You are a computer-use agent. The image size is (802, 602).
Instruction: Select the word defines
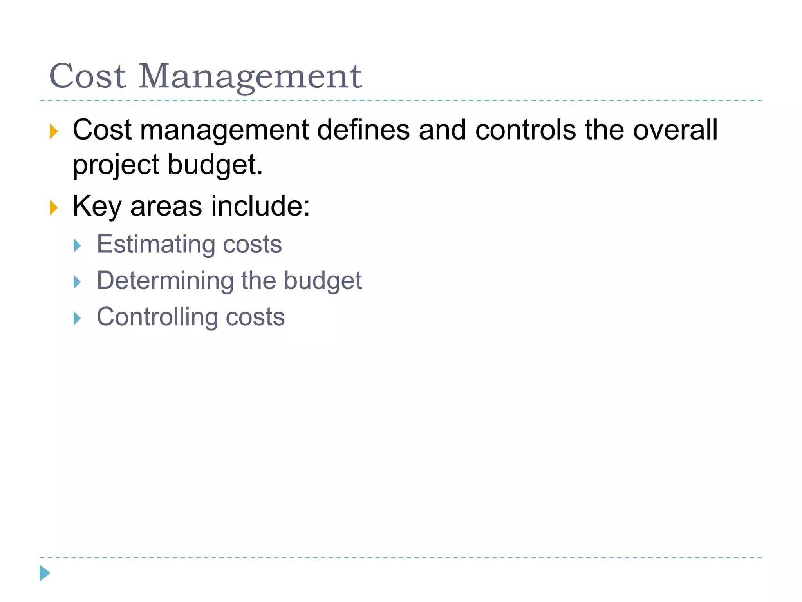coord(363,130)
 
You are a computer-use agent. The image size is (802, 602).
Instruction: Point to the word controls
coord(525,130)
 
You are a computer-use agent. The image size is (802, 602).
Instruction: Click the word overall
coord(675,130)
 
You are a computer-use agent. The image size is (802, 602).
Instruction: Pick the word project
coord(116,165)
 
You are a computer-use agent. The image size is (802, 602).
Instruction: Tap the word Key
coord(97,207)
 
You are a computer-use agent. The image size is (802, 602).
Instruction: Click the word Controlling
coord(157,317)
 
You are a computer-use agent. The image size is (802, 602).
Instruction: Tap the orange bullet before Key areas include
coord(54,207)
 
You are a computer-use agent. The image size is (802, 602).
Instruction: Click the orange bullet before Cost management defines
coord(54,131)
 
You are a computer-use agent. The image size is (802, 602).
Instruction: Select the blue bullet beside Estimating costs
coord(77,246)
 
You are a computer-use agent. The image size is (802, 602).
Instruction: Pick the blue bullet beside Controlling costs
coord(77,318)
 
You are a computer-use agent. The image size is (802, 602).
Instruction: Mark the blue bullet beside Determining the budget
coord(77,282)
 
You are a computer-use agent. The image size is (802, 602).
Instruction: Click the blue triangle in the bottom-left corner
coord(45,573)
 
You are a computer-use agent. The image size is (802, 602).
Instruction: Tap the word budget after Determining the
coord(323,281)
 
